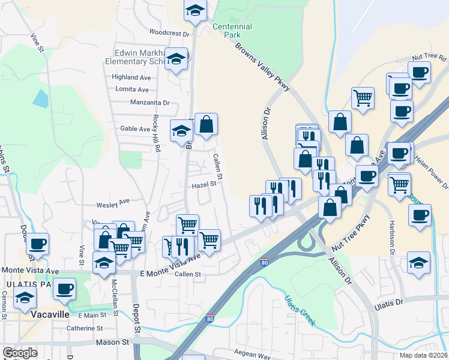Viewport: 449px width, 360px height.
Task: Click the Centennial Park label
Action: (x=232, y=31)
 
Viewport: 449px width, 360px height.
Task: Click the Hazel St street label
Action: (x=204, y=185)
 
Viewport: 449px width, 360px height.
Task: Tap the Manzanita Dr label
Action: (x=150, y=103)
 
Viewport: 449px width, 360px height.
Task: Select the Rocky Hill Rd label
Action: (x=155, y=133)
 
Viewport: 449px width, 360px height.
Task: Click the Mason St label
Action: (x=113, y=342)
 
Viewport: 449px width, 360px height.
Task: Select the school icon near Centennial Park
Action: (x=195, y=10)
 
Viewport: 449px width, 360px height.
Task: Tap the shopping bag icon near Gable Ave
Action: (x=206, y=125)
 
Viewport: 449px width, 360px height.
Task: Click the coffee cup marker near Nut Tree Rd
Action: (x=419, y=71)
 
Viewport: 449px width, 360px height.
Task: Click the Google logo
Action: (x=20, y=353)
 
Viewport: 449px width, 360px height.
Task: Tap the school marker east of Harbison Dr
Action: (x=419, y=262)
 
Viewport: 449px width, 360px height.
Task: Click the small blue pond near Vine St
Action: (x=40, y=98)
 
